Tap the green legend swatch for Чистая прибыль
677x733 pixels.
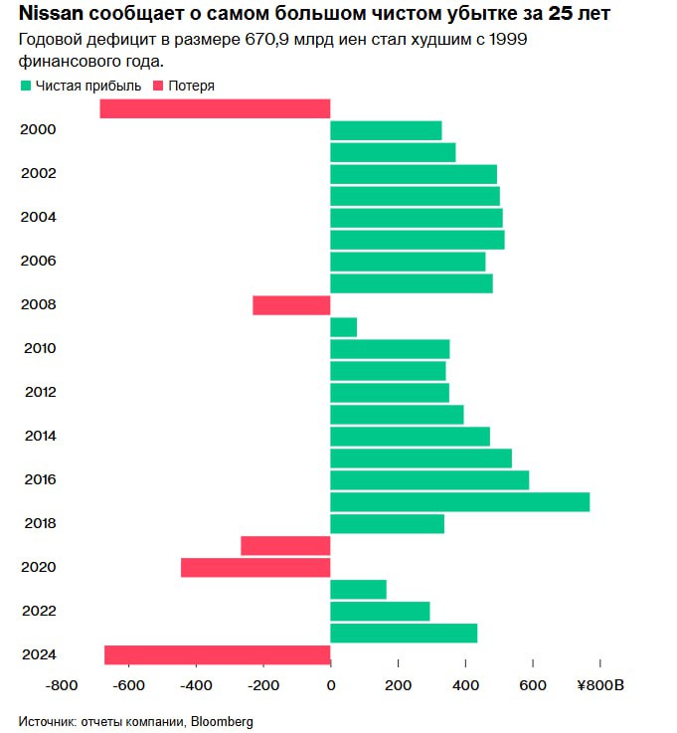25,86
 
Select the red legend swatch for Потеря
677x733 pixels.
158,86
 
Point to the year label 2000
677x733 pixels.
38,130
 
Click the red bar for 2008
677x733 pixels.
291,305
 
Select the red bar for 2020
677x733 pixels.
255,567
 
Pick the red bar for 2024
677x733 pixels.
217,654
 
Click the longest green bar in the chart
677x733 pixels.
459,501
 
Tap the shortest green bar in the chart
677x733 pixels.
343,327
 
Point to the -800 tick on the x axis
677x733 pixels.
62,685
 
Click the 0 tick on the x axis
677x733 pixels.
330,685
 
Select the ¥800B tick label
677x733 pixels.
599,685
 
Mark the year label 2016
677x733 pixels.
38,479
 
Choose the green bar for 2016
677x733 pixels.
429,479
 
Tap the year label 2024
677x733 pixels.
38,654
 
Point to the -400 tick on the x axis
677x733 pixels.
196,685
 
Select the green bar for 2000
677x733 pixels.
386,130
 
